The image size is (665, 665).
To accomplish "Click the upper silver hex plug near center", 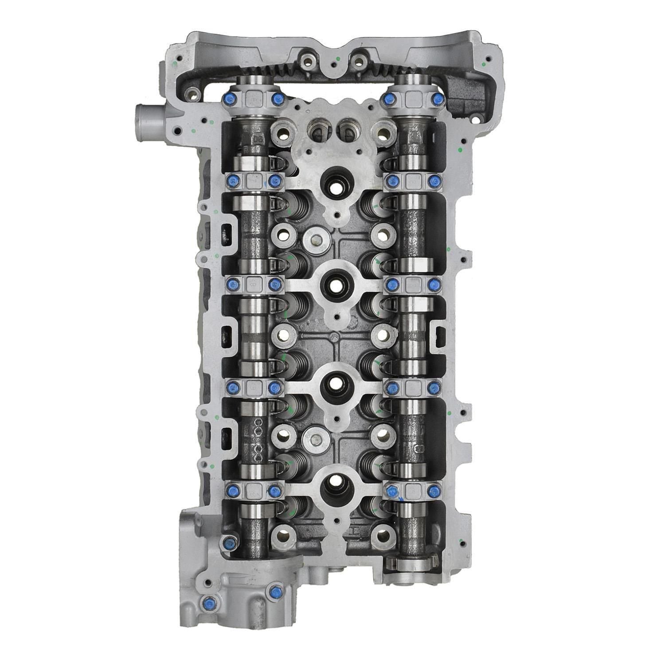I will coord(315,241).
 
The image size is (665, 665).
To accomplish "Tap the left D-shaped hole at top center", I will coord(318,129).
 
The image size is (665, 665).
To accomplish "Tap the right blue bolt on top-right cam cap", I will coord(437,98).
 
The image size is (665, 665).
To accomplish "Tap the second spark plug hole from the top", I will coord(332,282).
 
